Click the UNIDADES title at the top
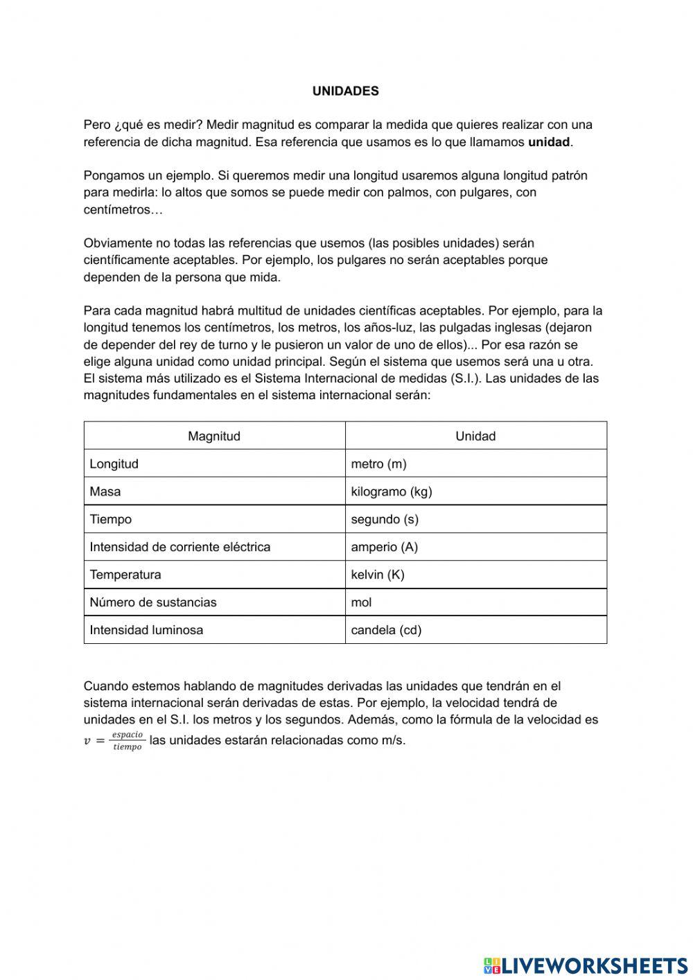pyautogui.click(x=345, y=91)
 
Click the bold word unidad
pyautogui.click(x=549, y=142)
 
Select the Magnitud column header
pyautogui.click(x=214, y=436)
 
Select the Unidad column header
pyautogui.click(x=475, y=436)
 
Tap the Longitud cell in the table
pyautogui.click(x=114, y=464)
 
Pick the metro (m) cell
pyautogui.click(x=378, y=464)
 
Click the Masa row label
pyautogui.click(x=105, y=491)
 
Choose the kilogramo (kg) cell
pyautogui.click(x=392, y=491)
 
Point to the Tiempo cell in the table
pyautogui.click(x=111, y=519)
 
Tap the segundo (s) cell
pyautogui.click(x=385, y=519)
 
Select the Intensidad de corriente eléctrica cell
pyautogui.click(x=180, y=547)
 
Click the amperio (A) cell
pyautogui.click(x=385, y=547)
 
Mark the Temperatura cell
pyautogui.click(x=125, y=575)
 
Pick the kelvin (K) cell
pyautogui.click(x=378, y=575)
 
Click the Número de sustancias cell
pyautogui.click(x=153, y=602)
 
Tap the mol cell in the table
pyautogui.click(x=362, y=602)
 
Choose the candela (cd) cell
pyautogui.click(x=386, y=630)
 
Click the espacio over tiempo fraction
pyautogui.click(x=127, y=741)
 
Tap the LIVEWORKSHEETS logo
pyautogui.click(x=586, y=965)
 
